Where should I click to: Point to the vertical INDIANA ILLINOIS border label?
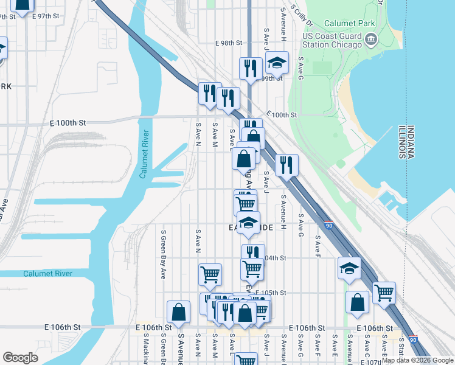[x=406, y=142]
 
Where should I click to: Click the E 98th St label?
[x=229, y=44]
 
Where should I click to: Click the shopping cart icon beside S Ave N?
[x=210, y=274]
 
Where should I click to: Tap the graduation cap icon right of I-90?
[x=349, y=268]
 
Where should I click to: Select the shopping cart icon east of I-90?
[x=384, y=293]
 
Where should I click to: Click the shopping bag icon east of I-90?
[x=357, y=302]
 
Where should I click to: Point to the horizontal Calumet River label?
[x=47, y=274]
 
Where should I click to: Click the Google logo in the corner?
[x=20, y=357]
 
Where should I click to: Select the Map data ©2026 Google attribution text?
[x=417, y=360]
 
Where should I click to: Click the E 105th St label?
[x=271, y=293]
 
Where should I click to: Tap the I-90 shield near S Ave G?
[x=328, y=224]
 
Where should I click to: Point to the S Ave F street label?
[x=318, y=245]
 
